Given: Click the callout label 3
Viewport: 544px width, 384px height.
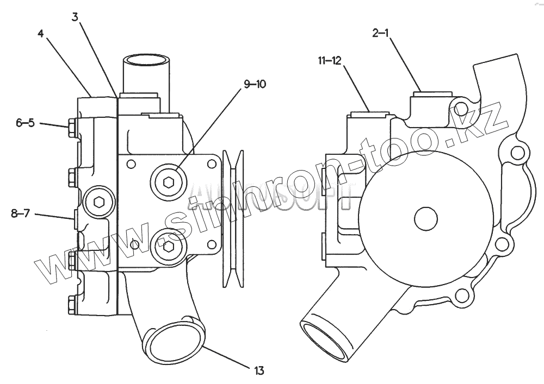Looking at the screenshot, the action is point(76,16).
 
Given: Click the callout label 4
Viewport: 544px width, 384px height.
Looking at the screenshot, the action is point(41,33).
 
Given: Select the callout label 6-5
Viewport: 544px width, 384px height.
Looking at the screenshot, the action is point(25,123).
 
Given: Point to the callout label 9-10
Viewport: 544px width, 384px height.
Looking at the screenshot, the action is point(255,84).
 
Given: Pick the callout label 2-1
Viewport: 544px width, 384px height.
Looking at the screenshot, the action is point(380,34).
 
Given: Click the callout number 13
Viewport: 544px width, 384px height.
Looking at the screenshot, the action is point(258,371).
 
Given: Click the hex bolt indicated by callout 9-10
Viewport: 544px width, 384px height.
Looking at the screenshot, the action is point(168,183).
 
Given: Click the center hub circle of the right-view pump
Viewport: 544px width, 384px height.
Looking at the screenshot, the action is point(426,219).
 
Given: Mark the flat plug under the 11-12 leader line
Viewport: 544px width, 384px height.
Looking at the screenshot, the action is point(368,114).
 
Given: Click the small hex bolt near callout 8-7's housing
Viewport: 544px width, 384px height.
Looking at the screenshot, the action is point(99,202).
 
